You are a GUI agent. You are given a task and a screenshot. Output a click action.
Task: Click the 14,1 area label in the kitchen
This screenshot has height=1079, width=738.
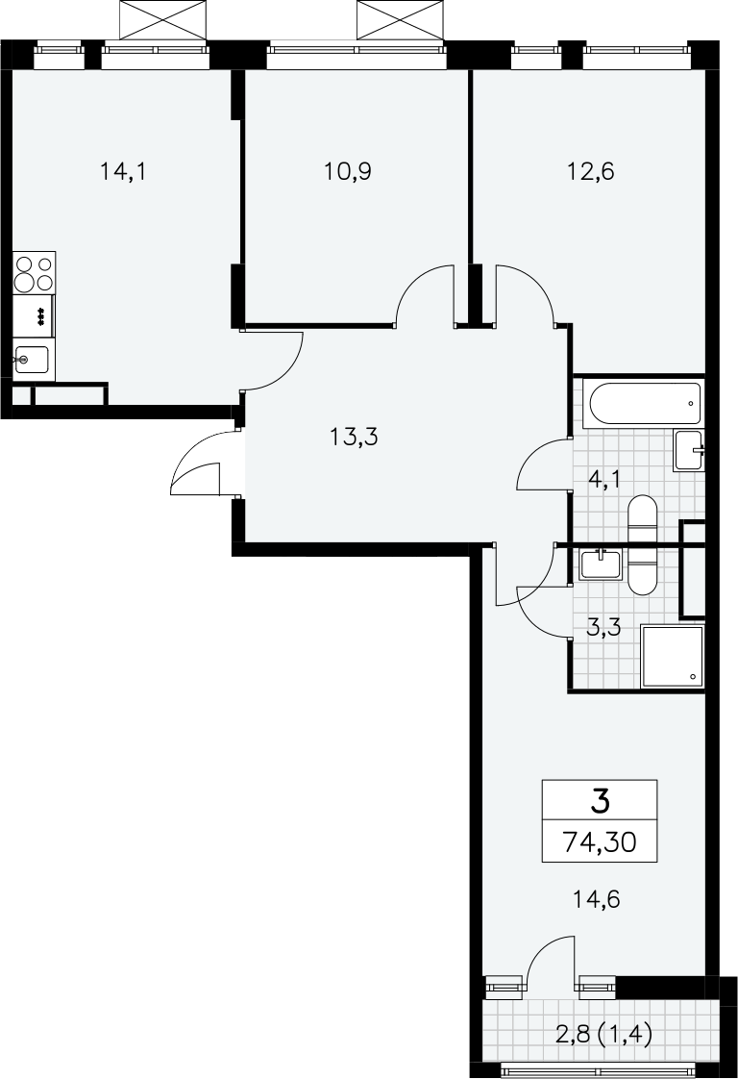point(123,170)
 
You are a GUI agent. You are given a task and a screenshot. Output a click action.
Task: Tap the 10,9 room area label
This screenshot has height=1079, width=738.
point(348,170)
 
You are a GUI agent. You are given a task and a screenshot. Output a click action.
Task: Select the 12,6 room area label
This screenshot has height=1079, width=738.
point(590,170)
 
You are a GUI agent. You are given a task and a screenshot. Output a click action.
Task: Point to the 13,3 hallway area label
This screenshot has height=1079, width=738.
point(355,437)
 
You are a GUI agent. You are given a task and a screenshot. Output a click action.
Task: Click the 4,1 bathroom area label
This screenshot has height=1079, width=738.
point(605,478)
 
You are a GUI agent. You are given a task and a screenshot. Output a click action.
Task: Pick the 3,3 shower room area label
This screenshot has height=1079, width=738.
point(604,627)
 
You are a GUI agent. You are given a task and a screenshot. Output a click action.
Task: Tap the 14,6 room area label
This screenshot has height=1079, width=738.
point(597,899)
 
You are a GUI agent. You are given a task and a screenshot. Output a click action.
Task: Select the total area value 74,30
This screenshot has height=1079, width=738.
point(600,841)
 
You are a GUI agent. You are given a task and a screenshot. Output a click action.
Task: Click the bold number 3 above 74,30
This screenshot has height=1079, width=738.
point(601,802)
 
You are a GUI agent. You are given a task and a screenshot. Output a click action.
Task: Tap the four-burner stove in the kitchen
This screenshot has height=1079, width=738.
point(34,272)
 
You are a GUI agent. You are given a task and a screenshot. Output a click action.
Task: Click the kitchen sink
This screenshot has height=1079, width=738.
point(32,359)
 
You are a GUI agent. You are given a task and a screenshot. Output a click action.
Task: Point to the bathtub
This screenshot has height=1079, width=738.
point(643,404)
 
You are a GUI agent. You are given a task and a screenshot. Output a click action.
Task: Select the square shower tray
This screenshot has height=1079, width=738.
point(673,657)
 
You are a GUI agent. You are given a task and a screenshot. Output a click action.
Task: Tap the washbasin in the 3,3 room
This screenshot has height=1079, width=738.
point(601,565)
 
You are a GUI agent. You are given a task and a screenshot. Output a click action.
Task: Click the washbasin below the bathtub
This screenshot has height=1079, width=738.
point(688,451)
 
